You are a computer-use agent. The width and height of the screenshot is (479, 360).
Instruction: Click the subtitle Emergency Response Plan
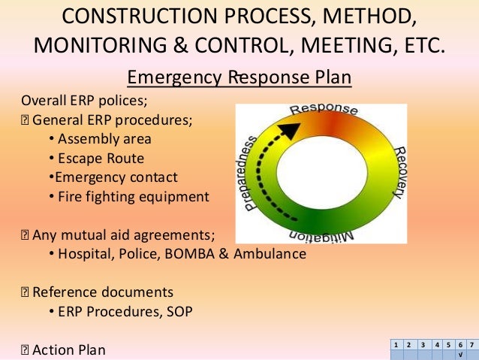(x=239, y=78)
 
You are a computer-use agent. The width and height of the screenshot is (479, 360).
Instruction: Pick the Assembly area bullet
(x=104, y=139)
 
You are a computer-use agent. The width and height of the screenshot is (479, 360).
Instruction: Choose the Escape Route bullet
(x=101, y=159)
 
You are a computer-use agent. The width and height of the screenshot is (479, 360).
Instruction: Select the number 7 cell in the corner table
(x=471, y=345)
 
